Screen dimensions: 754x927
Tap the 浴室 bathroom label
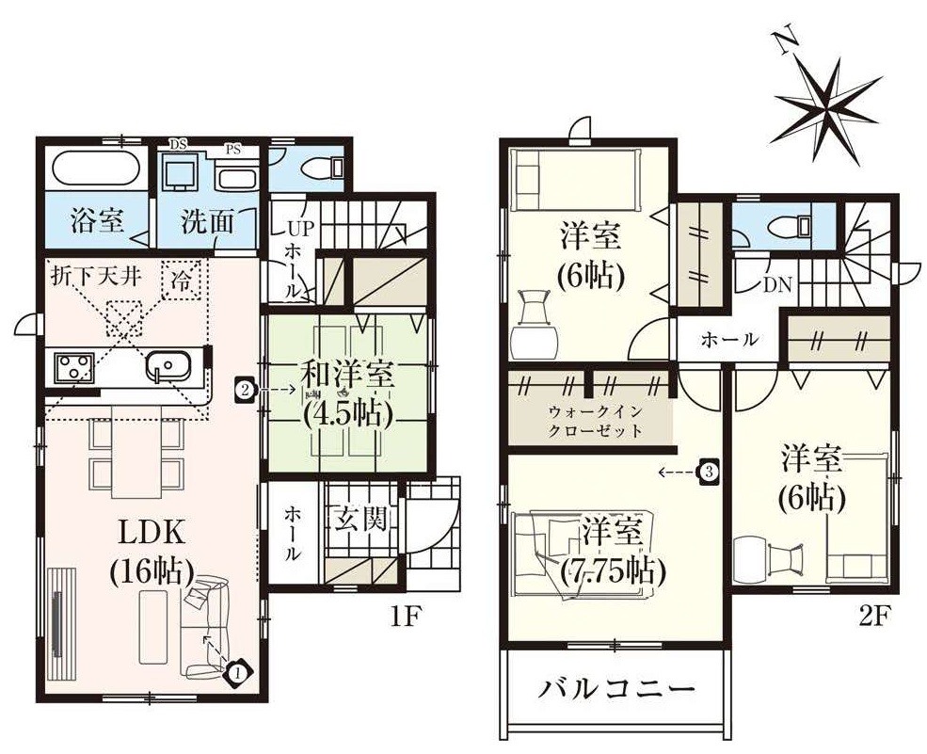97,222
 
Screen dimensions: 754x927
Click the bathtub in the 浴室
96,170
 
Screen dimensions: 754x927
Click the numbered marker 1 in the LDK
238,672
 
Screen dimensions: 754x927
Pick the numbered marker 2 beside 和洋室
244,387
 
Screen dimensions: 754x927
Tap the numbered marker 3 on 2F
709,472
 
